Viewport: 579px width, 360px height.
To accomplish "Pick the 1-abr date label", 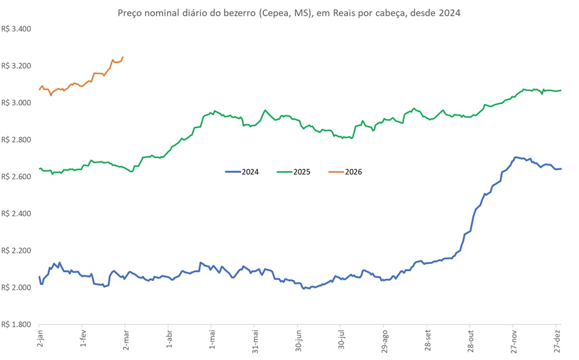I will click(x=169, y=341).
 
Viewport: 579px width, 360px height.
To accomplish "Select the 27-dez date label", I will click(x=557, y=342).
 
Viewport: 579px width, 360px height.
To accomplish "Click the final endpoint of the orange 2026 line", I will click(x=123, y=57).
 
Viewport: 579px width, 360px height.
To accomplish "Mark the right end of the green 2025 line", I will click(x=561, y=90).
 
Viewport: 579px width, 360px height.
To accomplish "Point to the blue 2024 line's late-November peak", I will click(x=516, y=157).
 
